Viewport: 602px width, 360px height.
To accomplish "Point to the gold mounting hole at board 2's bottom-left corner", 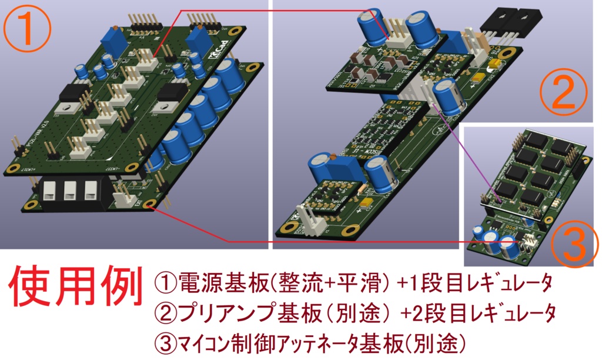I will pyautogui.click(x=289, y=226).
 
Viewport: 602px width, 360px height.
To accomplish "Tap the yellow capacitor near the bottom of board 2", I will pyautogui.click(x=366, y=203).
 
